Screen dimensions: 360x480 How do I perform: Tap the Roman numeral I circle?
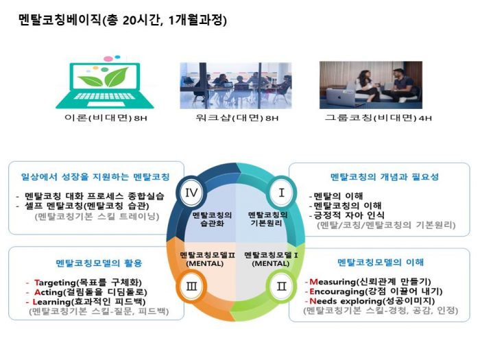coord(281,193)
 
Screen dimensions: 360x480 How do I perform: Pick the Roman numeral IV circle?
coord(193,193)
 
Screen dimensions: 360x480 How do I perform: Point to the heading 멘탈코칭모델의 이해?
coord(381,262)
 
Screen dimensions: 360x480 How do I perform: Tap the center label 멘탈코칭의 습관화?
coord(212,219)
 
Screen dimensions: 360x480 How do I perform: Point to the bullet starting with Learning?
coord(90,301)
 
